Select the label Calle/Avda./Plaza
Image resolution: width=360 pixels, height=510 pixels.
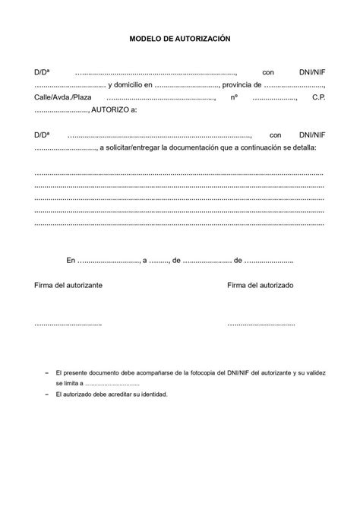62,98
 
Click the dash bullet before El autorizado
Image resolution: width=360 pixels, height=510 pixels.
46,395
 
